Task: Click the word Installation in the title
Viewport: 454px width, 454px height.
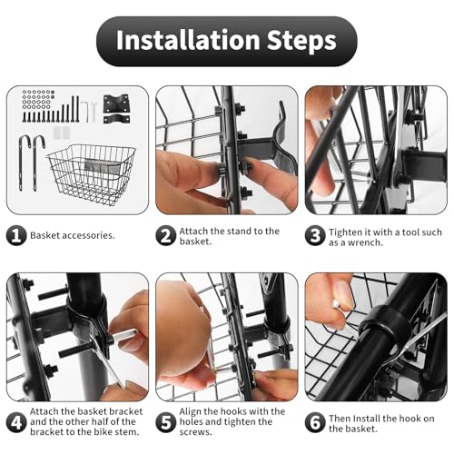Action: click(188, 40)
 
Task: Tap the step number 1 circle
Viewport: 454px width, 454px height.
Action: click(16, 235)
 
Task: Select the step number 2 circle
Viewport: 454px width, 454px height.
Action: click(165, 235)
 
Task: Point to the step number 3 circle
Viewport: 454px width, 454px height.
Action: click(315, 235)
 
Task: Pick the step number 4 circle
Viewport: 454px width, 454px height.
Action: click(16, 422)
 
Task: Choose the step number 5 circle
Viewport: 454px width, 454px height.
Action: click(165, 422)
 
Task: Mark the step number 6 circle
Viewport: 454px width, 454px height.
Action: click(315, 422)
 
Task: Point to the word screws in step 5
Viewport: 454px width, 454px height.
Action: click(195, 432)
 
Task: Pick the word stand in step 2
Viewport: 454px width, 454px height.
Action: click(238, 232)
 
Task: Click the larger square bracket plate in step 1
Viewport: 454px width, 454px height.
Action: click(116, 104)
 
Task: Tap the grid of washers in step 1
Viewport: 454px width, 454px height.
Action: click(38, 99)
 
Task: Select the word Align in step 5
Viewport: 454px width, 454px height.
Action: click(190, 412)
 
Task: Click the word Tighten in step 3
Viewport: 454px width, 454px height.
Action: click(345, 232)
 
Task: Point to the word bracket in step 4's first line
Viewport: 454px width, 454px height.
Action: click(126, 411)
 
